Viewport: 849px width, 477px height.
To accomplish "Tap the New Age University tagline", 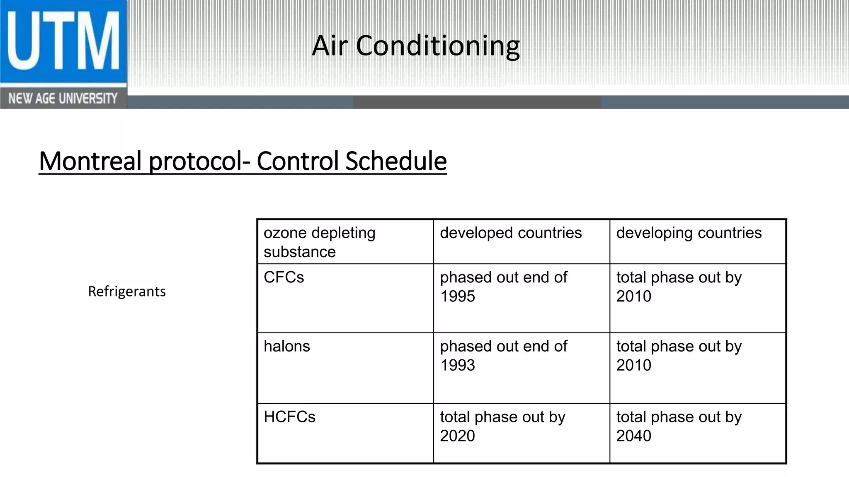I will [63, 99].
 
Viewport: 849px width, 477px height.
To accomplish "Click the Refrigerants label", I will [127, 291].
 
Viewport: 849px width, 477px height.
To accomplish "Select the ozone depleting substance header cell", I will [319, 242].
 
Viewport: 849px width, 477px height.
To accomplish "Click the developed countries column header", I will [511, 233].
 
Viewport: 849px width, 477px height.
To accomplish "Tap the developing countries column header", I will [689, 233].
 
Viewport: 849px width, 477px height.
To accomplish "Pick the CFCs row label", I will [284, 277].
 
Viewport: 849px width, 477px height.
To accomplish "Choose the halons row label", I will [287, 346].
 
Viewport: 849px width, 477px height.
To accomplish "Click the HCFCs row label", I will [289, 417].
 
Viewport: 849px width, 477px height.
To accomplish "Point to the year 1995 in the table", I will [458, 296].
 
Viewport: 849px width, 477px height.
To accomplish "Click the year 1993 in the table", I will [458, 365].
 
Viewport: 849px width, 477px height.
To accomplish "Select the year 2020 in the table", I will [458, 436].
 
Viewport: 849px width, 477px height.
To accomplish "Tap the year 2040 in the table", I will [634, 436].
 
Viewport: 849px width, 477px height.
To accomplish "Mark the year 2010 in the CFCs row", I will [634, 296].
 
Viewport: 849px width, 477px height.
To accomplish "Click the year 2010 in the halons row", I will [634, 365].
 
